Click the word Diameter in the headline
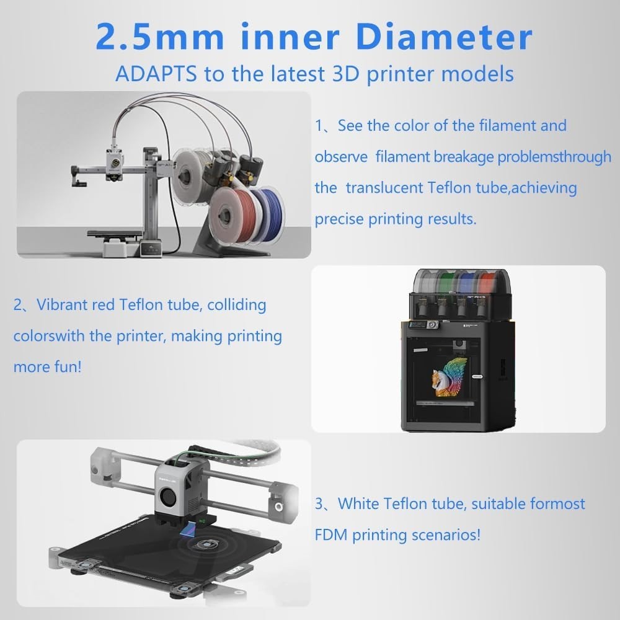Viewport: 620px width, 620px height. (444, 37)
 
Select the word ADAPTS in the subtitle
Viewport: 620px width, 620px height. (156, 74)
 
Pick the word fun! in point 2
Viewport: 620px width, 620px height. (68, 366)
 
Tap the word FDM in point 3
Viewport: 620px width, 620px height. (330, 534)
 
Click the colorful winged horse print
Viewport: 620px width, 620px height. (449, 376)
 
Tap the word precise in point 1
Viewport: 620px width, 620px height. (339, 219)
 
